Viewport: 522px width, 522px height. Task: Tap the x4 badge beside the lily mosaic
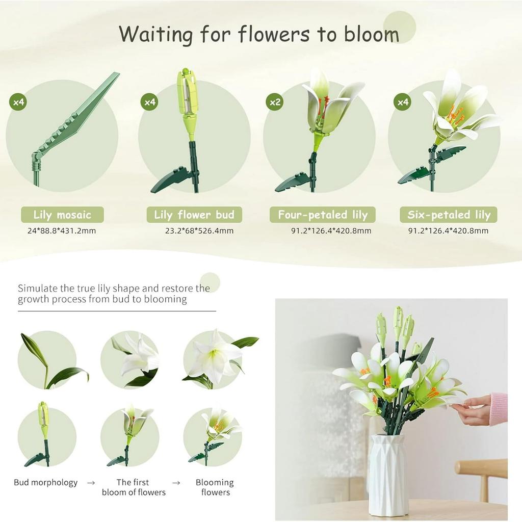18,102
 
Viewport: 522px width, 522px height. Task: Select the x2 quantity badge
275,102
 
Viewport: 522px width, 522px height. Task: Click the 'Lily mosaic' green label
62,215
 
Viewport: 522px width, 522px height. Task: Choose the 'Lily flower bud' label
194,215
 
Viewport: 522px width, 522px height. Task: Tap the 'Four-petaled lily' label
323,215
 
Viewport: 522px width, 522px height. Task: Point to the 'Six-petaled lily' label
449,215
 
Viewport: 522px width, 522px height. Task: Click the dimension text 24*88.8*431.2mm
62,231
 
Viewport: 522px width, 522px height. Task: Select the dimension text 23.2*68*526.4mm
199,231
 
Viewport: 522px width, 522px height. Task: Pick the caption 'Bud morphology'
46,482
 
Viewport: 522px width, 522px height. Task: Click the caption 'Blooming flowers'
215,487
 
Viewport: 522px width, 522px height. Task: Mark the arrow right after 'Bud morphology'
91,482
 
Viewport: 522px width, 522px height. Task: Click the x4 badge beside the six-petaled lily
402,102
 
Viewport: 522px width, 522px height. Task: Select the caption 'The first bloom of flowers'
134,487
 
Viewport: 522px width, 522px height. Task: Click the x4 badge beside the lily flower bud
149,102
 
